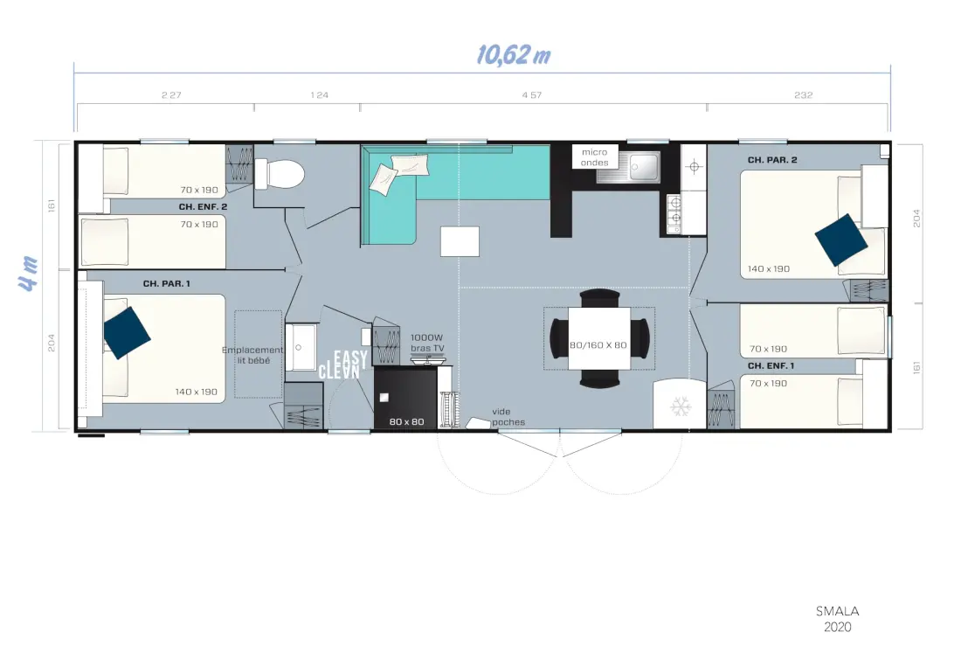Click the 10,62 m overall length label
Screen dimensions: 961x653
pos(514,55)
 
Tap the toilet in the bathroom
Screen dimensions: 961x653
pos(280,173)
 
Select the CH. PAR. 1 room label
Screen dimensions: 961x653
pos(167,284)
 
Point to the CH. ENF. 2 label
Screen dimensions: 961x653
pos(203,206)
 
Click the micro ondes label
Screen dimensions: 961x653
pos(594,157)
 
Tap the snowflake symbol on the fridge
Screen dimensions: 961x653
pos(681,406)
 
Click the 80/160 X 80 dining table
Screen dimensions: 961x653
pos(598,338)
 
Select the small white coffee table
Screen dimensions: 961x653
pos(460,241)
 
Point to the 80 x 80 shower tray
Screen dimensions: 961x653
pos(405,398)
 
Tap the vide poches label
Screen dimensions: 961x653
pos(508,417)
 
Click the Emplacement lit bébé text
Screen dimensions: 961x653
pos(252,355)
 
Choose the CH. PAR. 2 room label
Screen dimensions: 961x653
pos(772,160)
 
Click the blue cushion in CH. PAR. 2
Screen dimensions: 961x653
pos(840,240)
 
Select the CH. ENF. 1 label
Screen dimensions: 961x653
pos(771,366)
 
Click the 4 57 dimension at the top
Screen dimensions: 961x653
pos(531,95)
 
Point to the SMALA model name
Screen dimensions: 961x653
pos(837,611)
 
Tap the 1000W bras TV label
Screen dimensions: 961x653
pos(427,343)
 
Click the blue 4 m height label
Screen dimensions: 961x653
pos(29,273)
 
